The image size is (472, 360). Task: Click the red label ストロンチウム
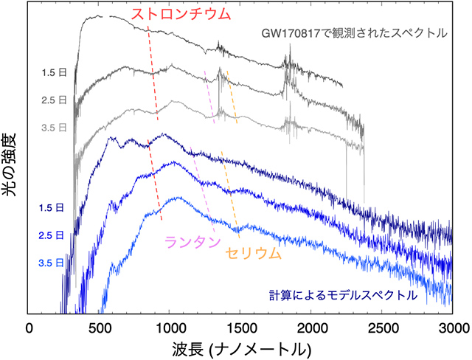180,13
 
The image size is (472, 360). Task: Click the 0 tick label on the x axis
29,326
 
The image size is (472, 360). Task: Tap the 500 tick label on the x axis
100,326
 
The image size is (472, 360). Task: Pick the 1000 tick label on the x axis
170,326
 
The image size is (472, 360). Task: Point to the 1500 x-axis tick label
241,326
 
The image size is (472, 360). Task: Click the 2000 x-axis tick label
311,326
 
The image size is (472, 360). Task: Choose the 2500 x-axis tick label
382,326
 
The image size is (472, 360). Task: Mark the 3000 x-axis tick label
451,326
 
